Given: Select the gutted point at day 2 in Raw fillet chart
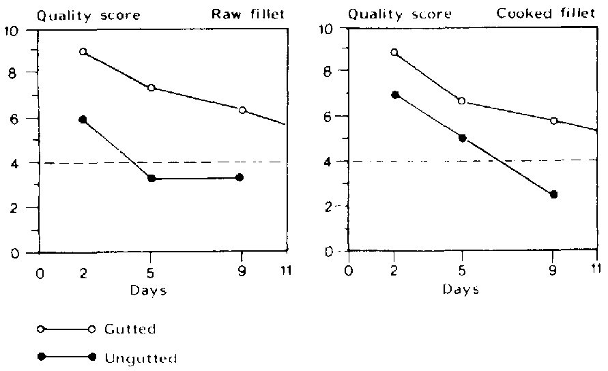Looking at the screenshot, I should click(83, 52).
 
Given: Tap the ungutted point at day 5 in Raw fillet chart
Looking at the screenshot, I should click(151, 179).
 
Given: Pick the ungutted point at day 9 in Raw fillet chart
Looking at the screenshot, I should click(239, 177).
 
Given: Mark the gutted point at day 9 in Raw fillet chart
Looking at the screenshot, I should click(242, 110).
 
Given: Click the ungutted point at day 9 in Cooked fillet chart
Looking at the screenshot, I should click(553, 194).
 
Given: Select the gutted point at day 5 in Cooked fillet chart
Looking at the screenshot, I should click(462, 101).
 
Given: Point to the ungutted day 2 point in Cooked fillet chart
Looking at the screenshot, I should click(394, 95).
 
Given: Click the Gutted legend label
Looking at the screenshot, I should click(130, 329).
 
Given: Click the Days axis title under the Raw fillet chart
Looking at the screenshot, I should click(149, 289).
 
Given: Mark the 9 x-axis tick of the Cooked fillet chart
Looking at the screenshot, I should click(553, 269).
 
